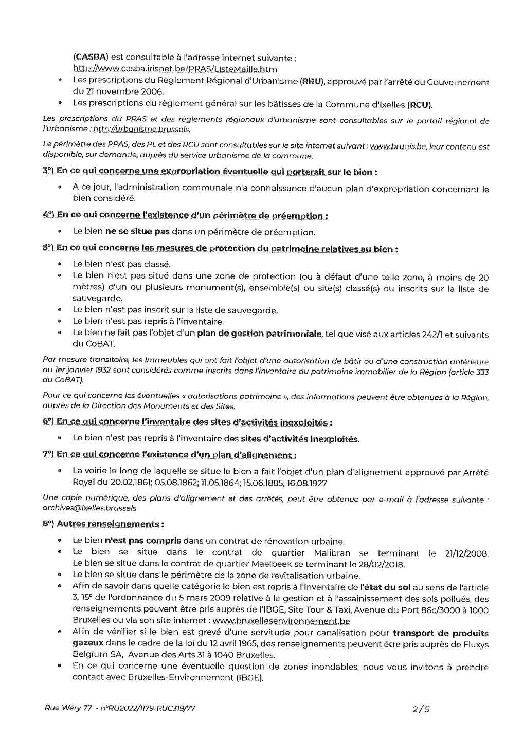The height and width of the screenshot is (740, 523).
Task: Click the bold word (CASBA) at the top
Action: point(90,58)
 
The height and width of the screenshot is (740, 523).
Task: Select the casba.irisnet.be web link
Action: point(175,69)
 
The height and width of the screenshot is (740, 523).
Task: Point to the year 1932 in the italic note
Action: point(95,372)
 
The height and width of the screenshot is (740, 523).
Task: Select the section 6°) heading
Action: point(187,422)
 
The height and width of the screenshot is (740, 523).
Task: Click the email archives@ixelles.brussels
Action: point(89,507)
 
